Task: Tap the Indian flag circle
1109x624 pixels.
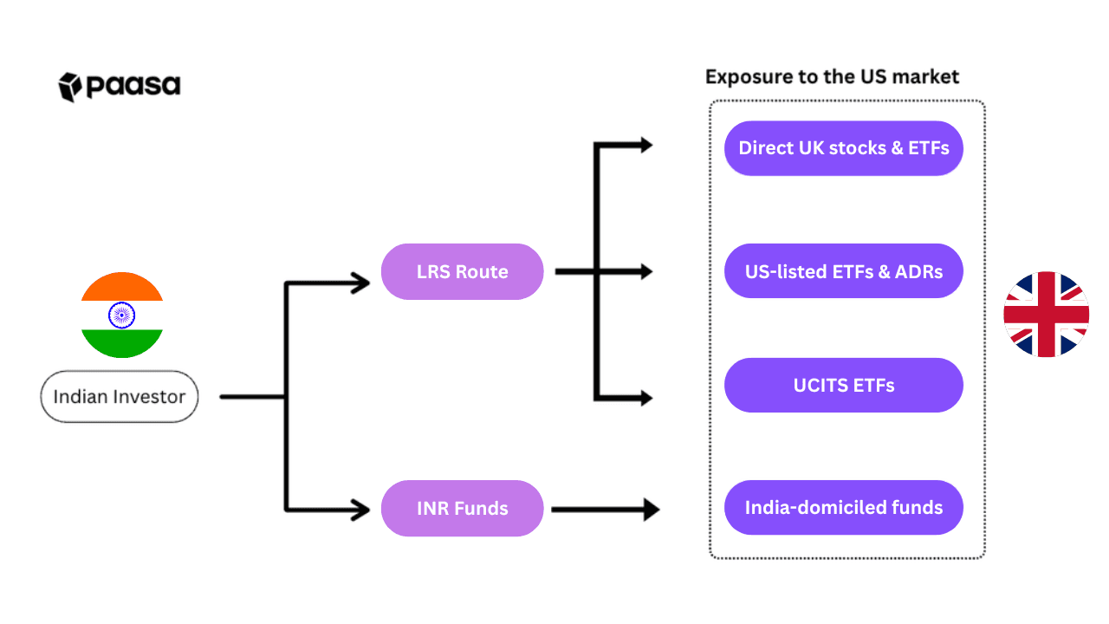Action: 122,315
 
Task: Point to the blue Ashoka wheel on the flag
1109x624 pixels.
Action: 122,315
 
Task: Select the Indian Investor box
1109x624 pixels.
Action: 120,397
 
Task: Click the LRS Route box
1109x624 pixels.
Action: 462,271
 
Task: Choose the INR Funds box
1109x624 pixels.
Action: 462,508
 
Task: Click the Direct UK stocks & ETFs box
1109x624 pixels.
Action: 843,148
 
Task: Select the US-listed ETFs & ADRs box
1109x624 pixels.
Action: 843,271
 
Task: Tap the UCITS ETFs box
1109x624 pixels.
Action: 843,385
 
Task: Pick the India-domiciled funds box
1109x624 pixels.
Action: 843,508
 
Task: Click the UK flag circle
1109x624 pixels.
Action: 1046,315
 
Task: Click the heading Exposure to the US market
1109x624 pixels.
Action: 832,76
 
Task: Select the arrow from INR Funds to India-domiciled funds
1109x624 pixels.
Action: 604,510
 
